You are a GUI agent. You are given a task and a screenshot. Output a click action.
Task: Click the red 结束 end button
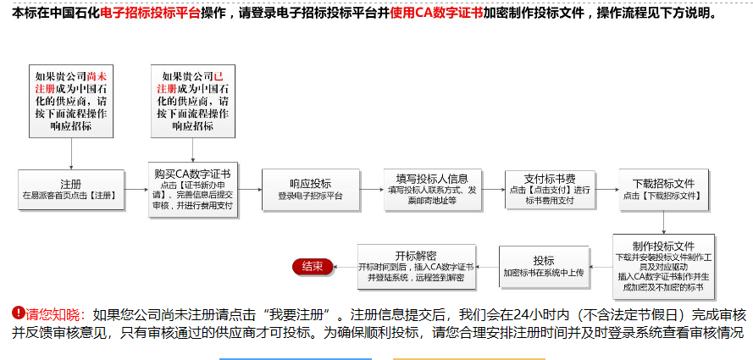coord(313,266)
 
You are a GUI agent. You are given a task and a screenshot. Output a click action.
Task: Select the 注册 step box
coord(71,190)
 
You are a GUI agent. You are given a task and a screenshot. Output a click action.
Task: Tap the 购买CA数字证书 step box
coord(193,190)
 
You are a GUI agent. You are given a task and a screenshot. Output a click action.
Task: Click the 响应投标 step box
coord(310,189)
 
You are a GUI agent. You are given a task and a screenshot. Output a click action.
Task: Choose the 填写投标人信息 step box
coord(432,189)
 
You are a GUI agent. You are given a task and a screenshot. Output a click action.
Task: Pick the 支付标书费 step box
coord(550,189)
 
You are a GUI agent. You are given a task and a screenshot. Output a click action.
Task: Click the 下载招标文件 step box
coord(663,190)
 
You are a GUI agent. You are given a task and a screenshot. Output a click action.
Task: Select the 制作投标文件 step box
coord(663,266)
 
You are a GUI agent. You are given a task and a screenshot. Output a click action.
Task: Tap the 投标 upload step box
coord(544,266)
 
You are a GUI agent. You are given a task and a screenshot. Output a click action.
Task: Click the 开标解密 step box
coord(417,266)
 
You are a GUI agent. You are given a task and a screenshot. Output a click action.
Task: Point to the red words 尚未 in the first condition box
coord(97,77)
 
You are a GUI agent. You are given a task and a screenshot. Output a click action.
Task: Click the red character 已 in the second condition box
coord(219,77)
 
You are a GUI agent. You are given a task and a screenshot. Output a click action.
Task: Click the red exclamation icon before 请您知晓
coord(19,313)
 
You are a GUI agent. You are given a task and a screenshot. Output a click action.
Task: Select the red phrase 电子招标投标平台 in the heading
coord(150,13)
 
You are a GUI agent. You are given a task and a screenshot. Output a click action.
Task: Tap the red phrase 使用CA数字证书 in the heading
coord(436,13)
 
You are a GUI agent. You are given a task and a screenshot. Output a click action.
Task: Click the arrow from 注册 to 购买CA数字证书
coord(137,190)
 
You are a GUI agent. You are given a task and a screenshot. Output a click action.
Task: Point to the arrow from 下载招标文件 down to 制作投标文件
coord(663,222)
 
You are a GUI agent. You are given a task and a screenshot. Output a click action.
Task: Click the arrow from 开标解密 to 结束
coord(345,266)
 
